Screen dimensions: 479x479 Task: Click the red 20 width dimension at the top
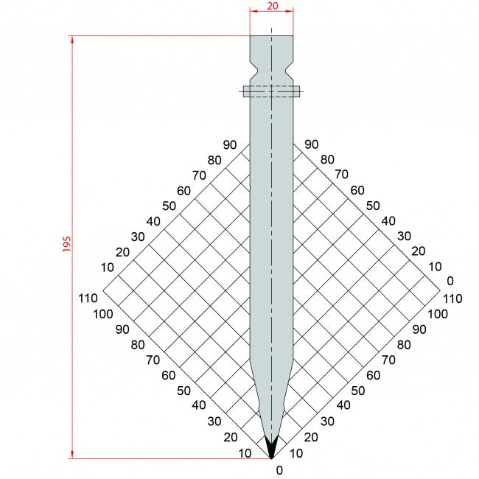pos(272,6)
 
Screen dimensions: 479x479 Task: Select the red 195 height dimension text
pos(66,245)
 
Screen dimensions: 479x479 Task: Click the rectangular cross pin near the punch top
pos(272,91)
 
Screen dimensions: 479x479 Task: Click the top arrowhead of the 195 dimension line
pos(72,40)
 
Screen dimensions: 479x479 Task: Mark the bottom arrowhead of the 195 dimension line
pos(72,454)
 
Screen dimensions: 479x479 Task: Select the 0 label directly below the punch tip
pos(279,469)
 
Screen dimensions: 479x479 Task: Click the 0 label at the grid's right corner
pos(450,281)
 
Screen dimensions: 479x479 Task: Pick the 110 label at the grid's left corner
pos(87,298)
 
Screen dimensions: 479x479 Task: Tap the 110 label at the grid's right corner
pos(452,298)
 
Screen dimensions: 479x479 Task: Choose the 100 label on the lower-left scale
pos(103,314)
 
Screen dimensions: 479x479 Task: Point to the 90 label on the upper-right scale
pos(311,144)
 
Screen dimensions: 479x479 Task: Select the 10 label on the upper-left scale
pos(107,267)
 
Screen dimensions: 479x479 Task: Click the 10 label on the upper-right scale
pos(434,267)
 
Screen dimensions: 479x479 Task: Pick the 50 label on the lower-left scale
pos(183,391)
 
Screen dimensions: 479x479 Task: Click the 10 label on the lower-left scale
pos(246,453)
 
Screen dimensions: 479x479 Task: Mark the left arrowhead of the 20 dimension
pos(253,11)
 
